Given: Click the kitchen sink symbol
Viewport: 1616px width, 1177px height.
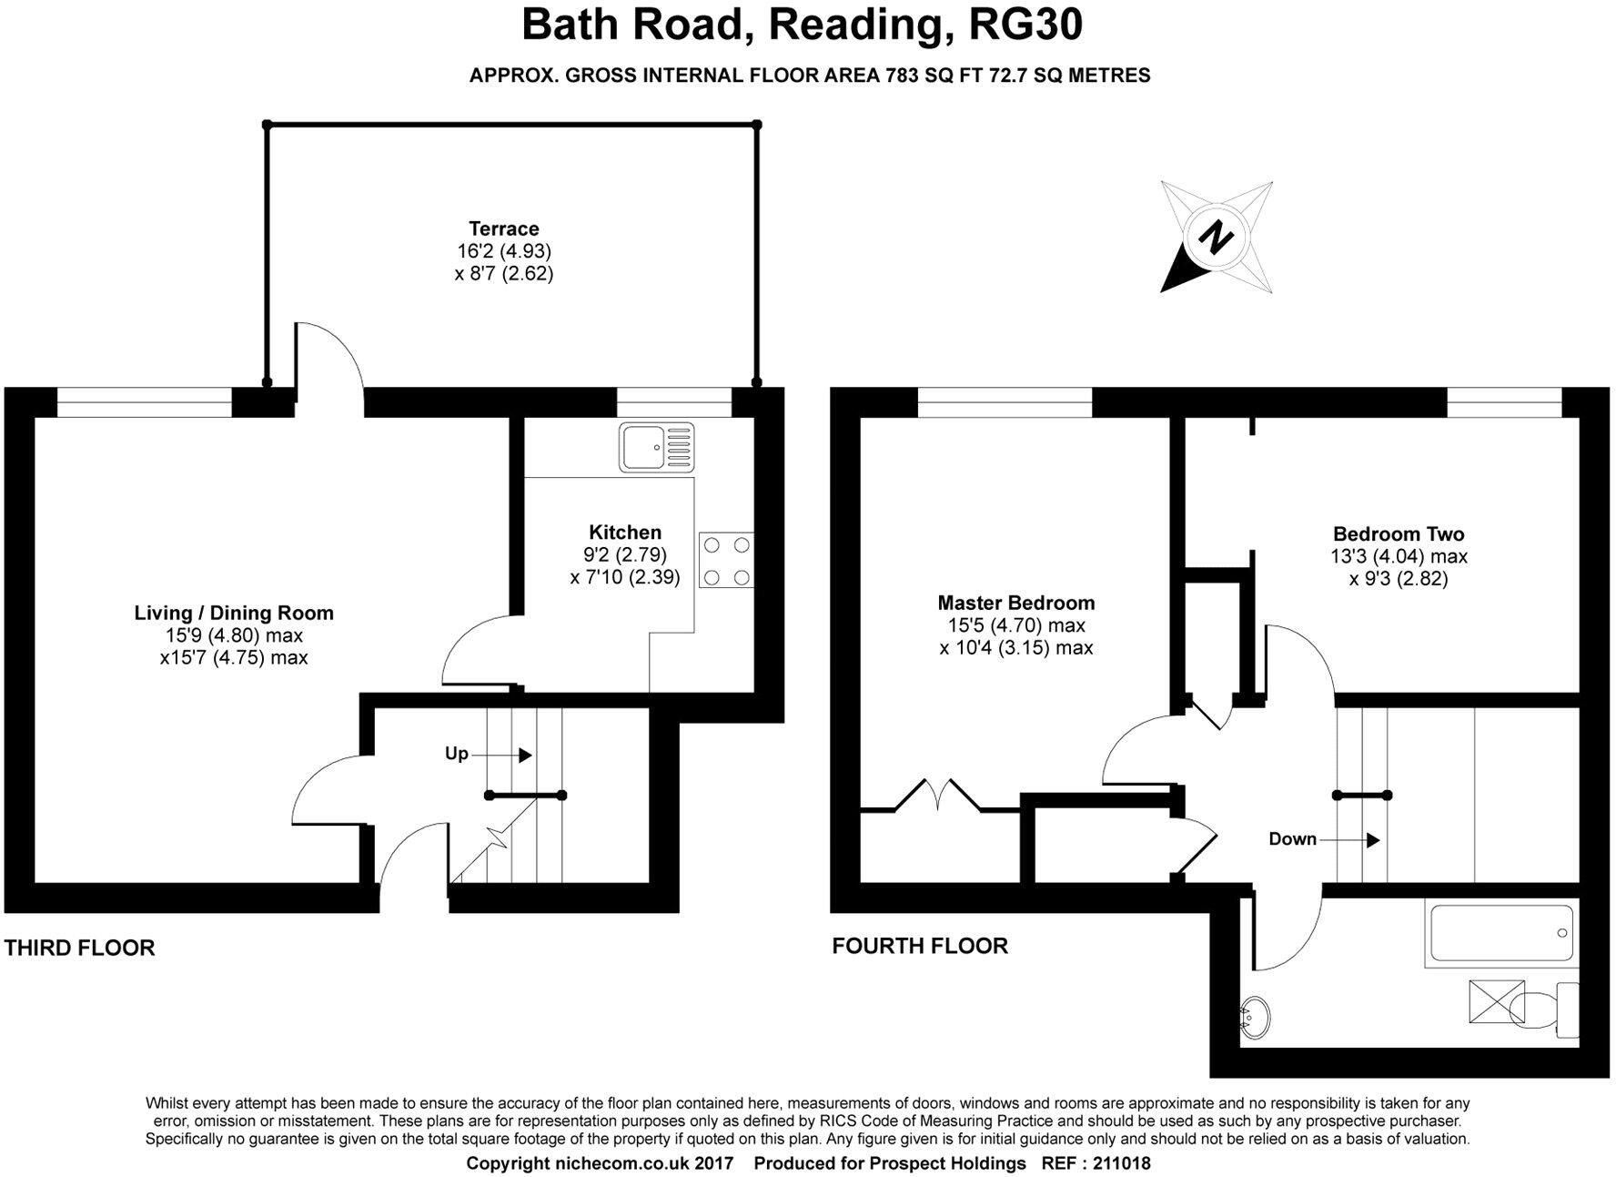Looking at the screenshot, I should (656, 446).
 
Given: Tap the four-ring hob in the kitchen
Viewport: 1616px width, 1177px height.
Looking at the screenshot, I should (726, 561).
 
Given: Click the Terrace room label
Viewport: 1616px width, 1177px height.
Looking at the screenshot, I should (503, 228).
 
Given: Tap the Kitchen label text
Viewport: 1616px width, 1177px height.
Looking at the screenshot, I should (624, 533).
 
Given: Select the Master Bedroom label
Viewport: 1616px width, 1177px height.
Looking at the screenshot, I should (1015, 603).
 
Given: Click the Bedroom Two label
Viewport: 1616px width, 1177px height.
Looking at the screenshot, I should (1398, 534).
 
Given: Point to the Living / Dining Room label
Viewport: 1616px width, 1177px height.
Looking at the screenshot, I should (234, 613).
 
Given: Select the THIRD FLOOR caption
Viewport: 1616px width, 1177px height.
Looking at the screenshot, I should (79, 948).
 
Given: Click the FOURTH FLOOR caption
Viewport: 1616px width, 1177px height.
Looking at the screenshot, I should (919, 946).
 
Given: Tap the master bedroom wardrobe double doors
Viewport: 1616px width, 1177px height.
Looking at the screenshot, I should (939, 794).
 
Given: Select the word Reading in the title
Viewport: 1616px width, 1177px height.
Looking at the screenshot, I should (854, 25).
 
